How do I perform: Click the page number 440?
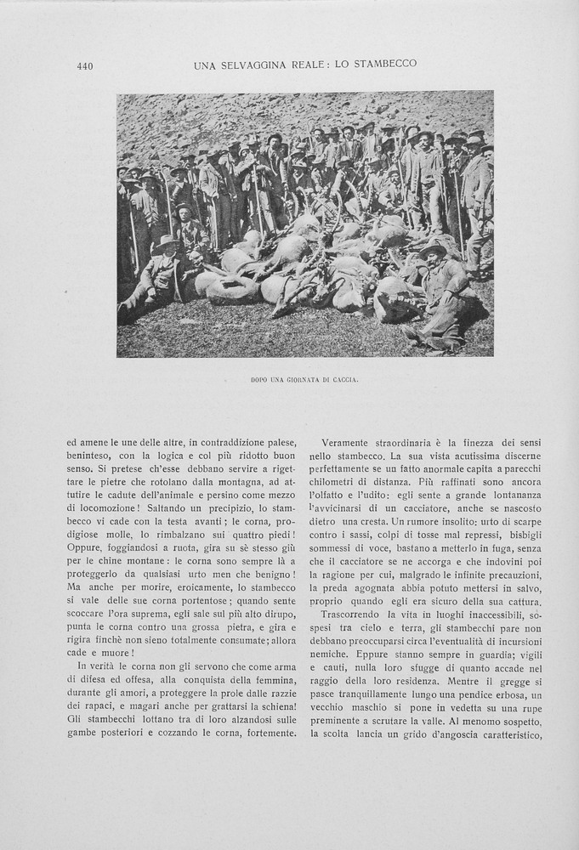click(84, 66)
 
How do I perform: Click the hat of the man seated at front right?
click(433, 249)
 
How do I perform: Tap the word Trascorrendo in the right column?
click(355, 614)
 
